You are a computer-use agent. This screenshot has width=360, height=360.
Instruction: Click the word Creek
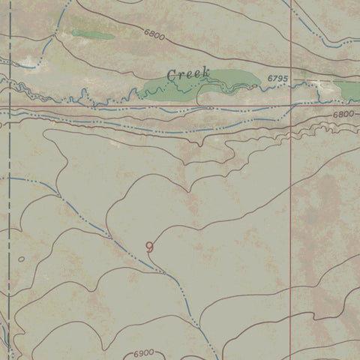click(187, 74)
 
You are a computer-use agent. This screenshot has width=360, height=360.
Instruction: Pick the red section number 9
click(150, 247)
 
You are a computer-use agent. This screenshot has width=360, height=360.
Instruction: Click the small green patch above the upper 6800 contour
click(93, 34)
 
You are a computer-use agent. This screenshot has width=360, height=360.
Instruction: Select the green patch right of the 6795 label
click(349, 90)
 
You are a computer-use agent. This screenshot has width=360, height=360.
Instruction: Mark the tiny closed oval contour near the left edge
click(21, 259)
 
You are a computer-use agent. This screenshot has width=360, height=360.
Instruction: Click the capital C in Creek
click(172, 74)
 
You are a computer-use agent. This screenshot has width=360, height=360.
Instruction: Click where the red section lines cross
click(291, 107)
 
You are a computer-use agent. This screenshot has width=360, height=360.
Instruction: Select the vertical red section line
click(291, 225)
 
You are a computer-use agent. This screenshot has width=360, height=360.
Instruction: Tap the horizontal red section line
click(150, 107)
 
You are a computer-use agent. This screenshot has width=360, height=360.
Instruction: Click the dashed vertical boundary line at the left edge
click(7, 187)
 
